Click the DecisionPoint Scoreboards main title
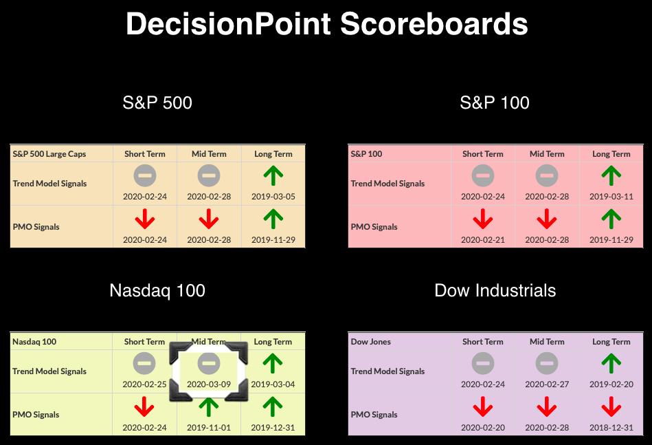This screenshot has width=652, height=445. [x=327, y=23]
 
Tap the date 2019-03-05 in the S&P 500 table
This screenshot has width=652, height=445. [x=273, y=197]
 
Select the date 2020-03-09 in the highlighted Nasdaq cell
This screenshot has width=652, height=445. [x=209, y=384]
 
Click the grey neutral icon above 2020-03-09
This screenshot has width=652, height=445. [x=209, y=363]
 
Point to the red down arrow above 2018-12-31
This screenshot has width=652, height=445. [x=611, y=406]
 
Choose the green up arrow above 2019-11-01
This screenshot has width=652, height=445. [x=209, y=406]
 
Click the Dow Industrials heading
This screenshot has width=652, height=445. [x=495, y=290]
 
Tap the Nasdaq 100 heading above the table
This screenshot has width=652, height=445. [x=157, y=290]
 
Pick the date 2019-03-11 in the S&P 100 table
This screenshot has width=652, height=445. [x=611, y=197]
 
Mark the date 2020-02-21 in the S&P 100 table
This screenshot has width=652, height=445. [x=483, y=240]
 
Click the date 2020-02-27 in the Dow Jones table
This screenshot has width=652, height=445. [x=547, y=384]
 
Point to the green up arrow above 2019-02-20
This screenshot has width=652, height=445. [x=611, y=363]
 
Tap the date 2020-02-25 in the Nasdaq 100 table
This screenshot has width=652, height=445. [x=144, y=384]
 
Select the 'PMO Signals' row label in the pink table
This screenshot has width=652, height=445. [x=374, y=227]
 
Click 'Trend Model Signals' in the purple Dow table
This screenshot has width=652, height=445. [x=387, y=371]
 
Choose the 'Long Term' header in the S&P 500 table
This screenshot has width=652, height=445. [x=273, y=154]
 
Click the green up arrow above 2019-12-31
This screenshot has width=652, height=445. [x=273, y=406]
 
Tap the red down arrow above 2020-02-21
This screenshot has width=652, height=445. [x=483, y=219]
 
